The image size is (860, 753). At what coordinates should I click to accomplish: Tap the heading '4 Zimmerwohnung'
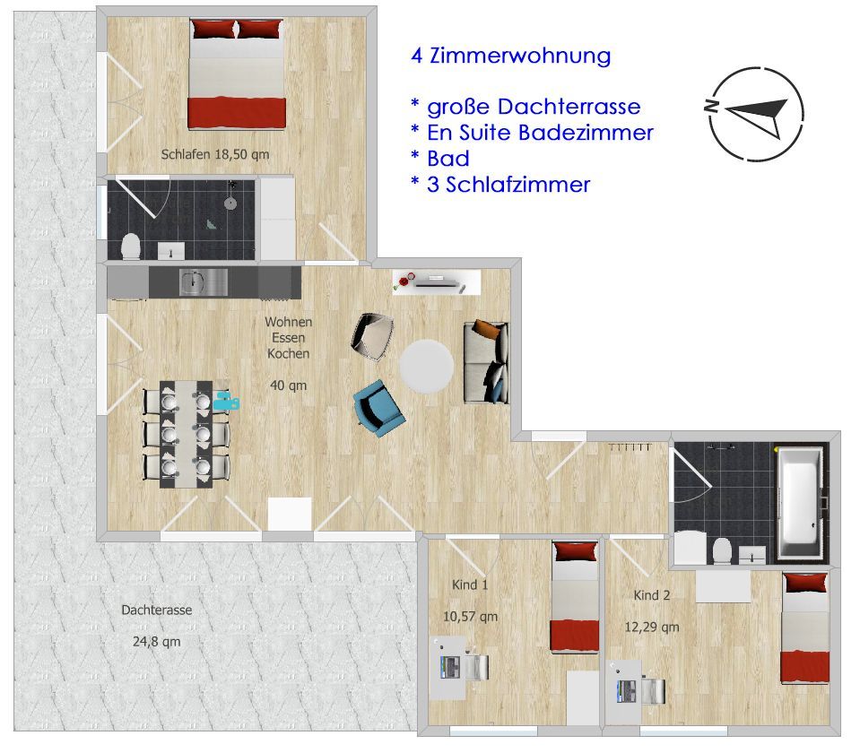pos(510,56)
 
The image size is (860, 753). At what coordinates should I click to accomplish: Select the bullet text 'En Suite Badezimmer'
pos(540,133)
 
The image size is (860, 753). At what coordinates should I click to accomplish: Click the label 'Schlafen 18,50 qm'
pos(215,155)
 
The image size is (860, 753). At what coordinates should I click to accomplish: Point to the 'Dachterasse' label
pos(157,610)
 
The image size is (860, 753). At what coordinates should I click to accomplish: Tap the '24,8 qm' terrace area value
pos(157,642)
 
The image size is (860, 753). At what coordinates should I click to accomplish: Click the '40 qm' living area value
pos(289,385)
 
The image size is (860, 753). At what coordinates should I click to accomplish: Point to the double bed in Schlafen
pos(237,74)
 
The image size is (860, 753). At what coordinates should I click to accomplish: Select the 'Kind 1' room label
pos(470,585)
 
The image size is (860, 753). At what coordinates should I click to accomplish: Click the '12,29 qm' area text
pos(652,627)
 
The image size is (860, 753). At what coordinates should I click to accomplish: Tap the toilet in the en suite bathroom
pos(131,247)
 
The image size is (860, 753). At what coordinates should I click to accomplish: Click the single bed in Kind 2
pos(805,628)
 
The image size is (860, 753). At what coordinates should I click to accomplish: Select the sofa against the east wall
pos(486,362)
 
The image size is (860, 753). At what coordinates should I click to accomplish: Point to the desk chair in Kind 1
pos(476,668)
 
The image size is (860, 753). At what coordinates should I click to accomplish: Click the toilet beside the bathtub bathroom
pos(722,550)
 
